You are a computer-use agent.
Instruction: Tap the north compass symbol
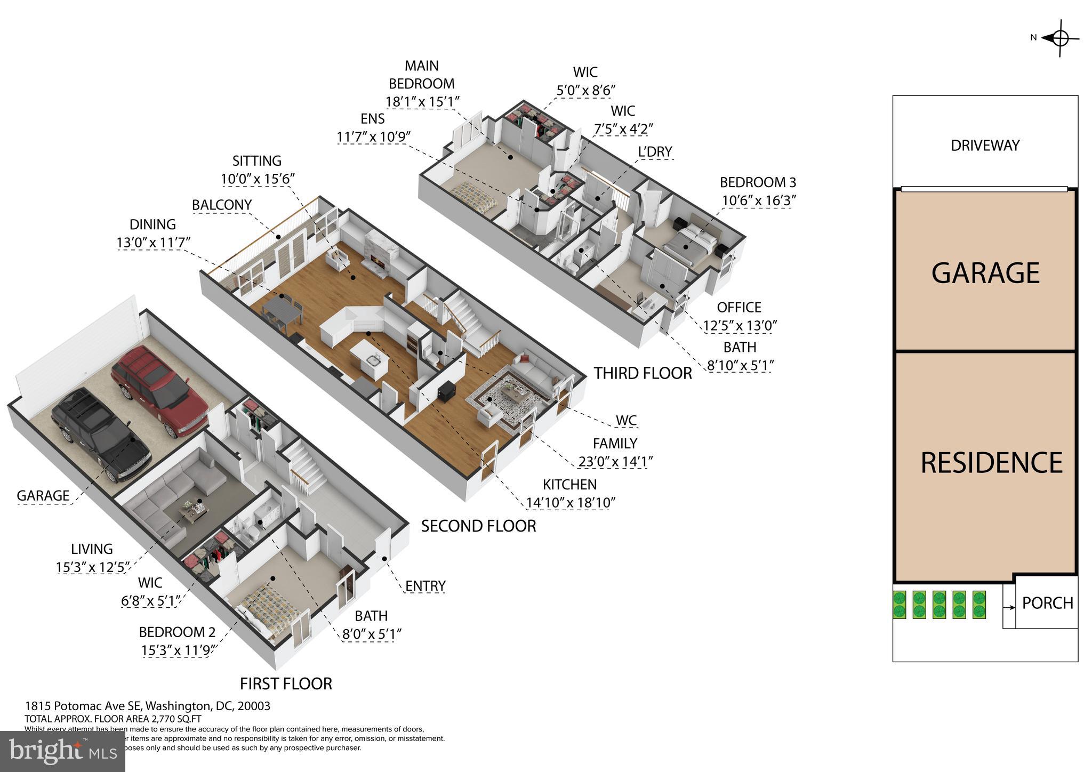[1059, 38]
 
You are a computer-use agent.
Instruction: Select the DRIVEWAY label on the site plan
[985, 146]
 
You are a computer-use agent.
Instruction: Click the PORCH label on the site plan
[1047, 603]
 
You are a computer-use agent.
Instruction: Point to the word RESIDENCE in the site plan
[991, 463]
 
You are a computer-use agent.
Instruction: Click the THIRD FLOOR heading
[643, 373]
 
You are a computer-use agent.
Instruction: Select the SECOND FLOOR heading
[478, 526]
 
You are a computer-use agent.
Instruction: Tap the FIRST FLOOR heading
[286, 683]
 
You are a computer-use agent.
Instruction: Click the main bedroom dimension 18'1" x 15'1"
[422, 101]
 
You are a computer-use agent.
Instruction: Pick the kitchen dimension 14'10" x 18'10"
[571, 502]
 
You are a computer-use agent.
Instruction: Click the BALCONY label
[221, 205]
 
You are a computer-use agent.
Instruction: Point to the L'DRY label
[655, 152]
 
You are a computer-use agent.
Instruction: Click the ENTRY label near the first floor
[425, 586]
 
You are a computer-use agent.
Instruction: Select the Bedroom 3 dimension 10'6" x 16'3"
[759, 200]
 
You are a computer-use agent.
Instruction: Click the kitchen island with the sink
[370, 360]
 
